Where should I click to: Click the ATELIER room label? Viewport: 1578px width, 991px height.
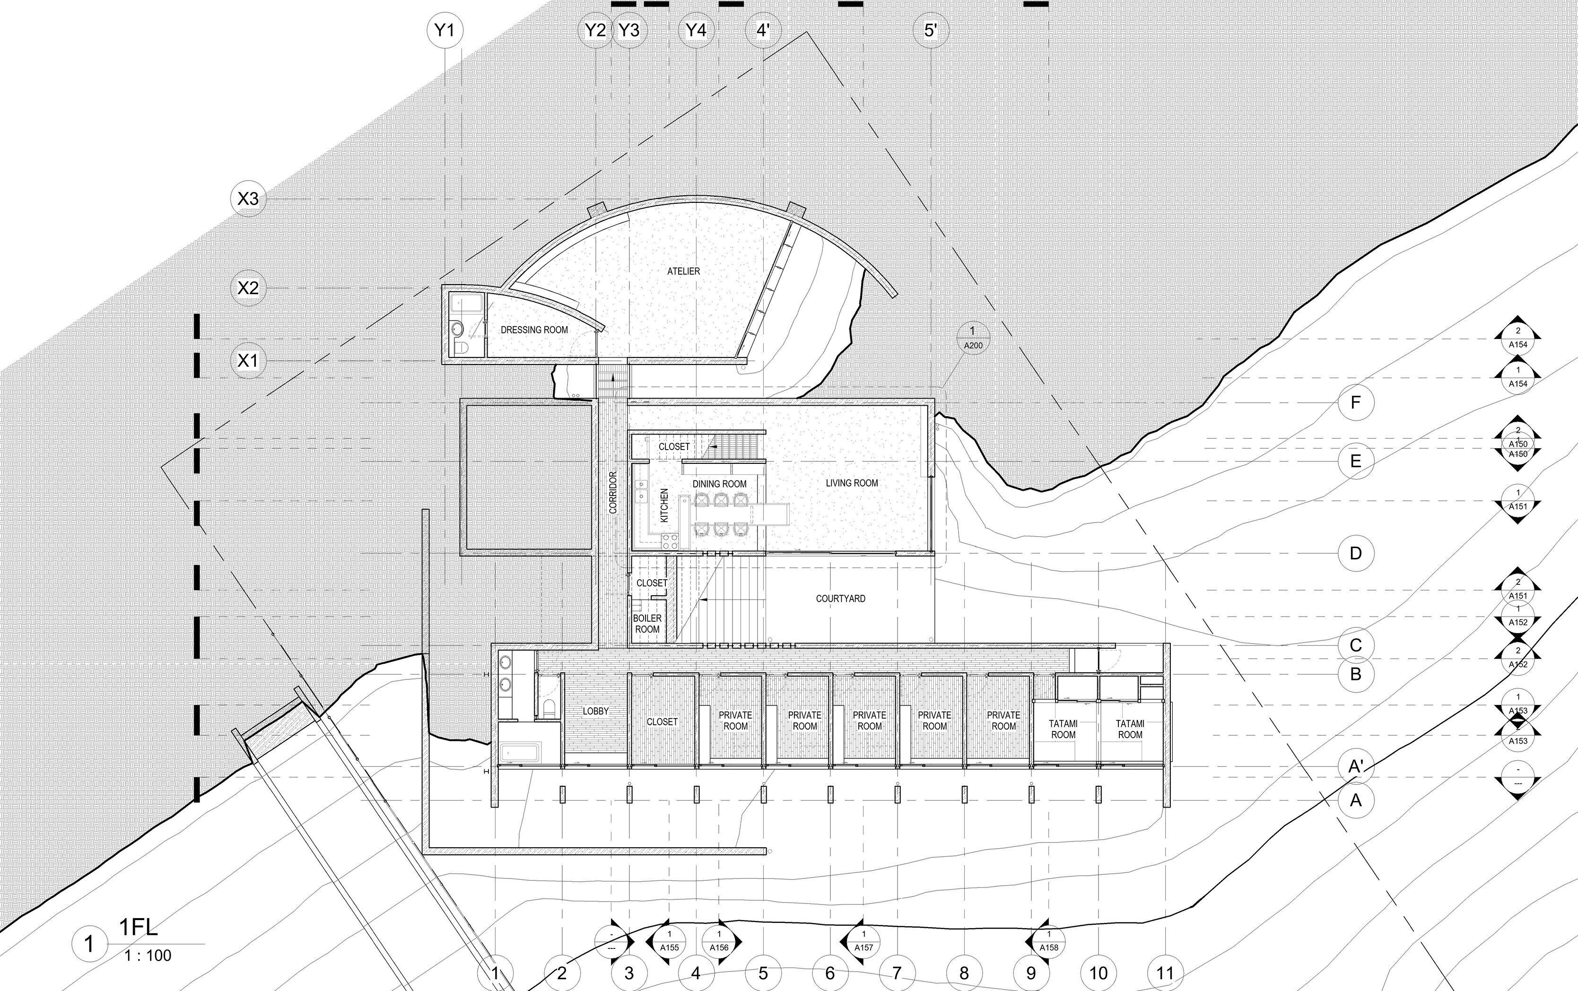(x=683, y=271)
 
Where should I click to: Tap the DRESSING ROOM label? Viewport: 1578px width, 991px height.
(x=534, y=330)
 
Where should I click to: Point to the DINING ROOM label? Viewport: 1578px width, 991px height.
(x=719, y=484)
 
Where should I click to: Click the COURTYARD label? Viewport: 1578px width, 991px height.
(x=840, y=599)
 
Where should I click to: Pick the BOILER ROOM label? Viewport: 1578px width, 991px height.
(x=647, y=623)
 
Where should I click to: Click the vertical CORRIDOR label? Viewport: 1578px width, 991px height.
(x=613, y=492)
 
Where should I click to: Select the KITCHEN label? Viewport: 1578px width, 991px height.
(x=664, y=505)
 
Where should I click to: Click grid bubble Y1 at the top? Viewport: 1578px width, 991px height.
(x=445, y=30)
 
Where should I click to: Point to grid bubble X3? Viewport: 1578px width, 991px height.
(x=248, y=198)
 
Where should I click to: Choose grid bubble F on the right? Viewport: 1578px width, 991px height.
(x=1355, y=402)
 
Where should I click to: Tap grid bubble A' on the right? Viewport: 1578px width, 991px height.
(x=1355, y=766)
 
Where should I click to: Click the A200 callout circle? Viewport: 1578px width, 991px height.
(x=973, y=338)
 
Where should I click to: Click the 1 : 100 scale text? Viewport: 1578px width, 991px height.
(x=148, y=955)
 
